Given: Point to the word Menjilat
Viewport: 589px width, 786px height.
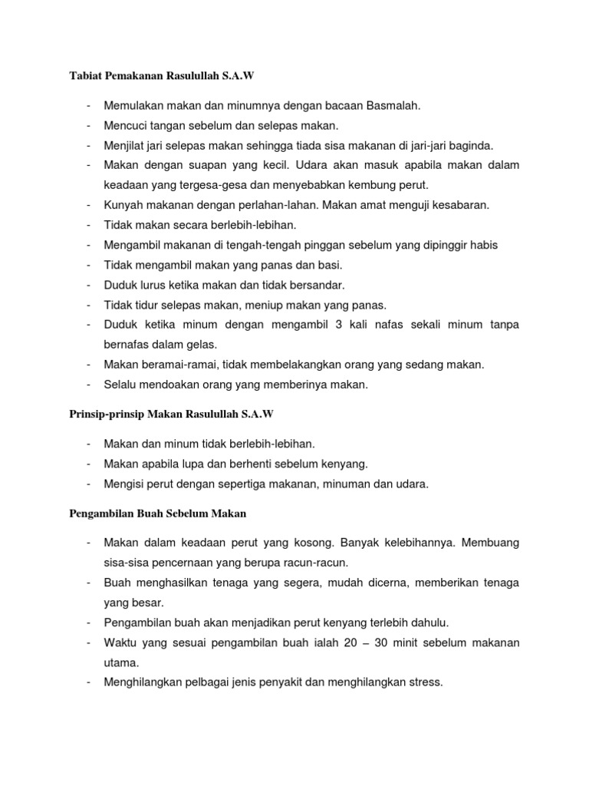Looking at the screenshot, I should tap(127, 145).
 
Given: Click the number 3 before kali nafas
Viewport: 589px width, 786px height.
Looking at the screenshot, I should tap(338, 325).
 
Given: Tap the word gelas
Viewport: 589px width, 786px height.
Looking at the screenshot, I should tap(202, 345).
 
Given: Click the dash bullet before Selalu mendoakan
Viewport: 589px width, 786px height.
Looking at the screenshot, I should tap(90, 385).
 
